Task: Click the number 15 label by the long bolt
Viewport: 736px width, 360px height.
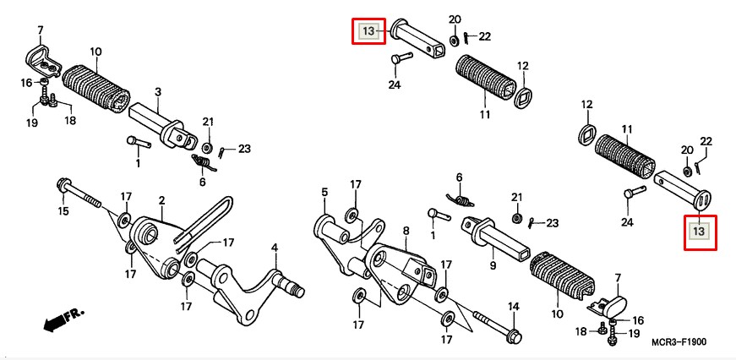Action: pos(63,210)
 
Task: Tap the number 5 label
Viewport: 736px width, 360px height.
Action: pos(324,193)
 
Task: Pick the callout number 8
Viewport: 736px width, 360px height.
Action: pos(405,229)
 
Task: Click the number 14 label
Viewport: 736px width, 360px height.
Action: pos(513,306)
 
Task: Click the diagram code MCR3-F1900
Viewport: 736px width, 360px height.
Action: pos(679,342)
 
